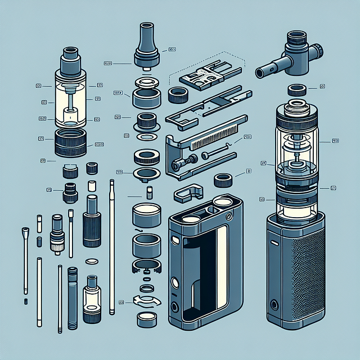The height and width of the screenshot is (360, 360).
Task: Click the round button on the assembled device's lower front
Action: click(x=275, y=305)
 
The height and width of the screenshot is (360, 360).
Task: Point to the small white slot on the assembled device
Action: click(x=274, y=244)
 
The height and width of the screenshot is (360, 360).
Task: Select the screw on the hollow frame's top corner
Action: click(x=228, y=217)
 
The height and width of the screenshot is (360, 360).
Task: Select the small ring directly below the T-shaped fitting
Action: click(x=296, y=89)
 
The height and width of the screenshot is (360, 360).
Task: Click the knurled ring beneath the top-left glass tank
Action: click(x=70, y=143)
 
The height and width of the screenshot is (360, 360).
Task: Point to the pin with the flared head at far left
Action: click(x=25, y=259)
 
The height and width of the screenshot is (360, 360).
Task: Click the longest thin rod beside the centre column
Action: click(x=112, y=247)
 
